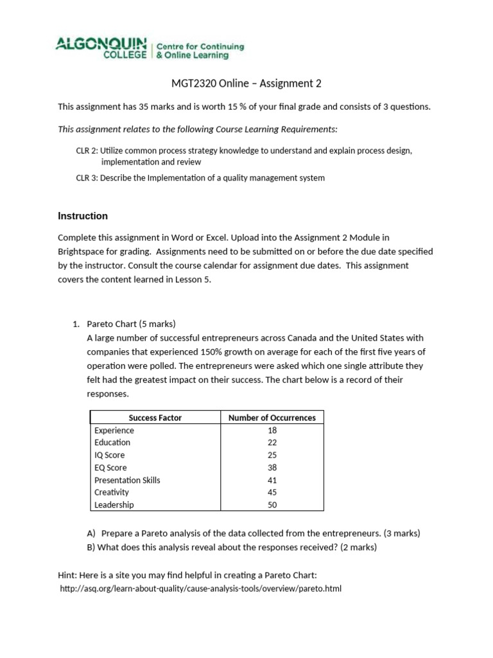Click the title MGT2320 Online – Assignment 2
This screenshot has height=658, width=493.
coord(246,83)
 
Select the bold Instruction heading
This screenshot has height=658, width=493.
coord(83,216)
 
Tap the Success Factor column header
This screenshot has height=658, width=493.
coord(155,418)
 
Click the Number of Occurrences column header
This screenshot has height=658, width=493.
coord(272,418)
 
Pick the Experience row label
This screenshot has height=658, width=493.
coord(114,431)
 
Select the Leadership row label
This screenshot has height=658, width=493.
coord(114,505)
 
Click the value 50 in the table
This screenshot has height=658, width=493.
coord(272,505)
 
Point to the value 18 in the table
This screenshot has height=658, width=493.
coord(272,431)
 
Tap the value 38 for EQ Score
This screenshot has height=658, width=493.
coord(272,468)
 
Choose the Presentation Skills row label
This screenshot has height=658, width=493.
coord(127,480)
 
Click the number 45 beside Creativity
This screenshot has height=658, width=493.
coord(272,492)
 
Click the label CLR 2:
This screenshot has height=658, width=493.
coord(87,150)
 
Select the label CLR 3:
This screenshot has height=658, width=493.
coord(87,178)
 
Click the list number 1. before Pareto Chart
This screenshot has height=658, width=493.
coord(76,324)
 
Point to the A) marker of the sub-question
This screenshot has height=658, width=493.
coord(91,533)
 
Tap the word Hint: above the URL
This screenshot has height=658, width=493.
coord(69,574)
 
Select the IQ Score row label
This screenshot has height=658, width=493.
coord(110,455)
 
